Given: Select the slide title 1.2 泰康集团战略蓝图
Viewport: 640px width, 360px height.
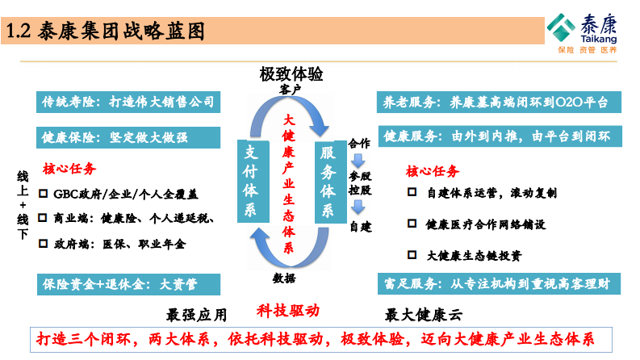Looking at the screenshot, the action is [105, 31].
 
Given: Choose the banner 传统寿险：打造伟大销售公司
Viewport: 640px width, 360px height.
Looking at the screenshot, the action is [128, 102].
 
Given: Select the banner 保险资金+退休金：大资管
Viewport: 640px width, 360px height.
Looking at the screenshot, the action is [128, 283].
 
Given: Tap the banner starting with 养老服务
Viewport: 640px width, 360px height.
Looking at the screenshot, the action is [501, 102].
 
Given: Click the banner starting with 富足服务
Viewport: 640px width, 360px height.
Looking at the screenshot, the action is [501, 283].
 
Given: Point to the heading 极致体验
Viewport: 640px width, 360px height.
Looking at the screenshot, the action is [291, 74].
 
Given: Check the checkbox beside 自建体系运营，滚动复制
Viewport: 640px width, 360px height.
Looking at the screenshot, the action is [412, 194].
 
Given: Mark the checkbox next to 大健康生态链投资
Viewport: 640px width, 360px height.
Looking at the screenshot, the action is [412, 255].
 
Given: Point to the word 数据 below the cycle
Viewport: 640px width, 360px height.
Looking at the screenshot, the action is [284, 278].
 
